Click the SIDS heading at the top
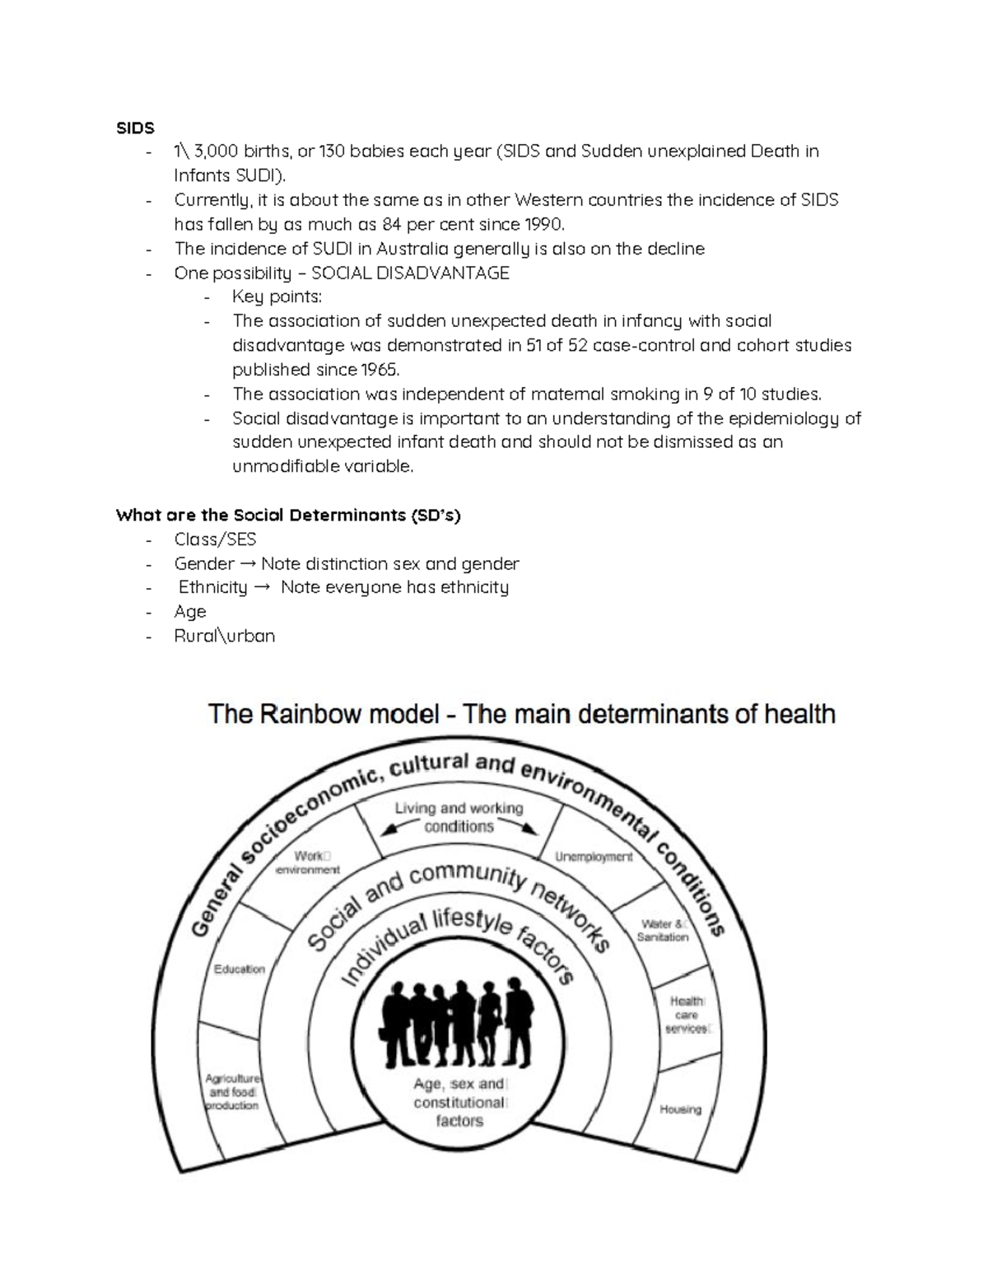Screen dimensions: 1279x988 [x=135, y=128]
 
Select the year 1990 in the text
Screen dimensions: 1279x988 [x=543, y=224]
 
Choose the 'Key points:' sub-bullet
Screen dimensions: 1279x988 [x=277, y=296]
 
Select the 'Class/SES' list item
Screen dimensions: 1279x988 [x=215, y=539]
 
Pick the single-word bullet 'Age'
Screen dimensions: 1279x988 [x=189, y=612]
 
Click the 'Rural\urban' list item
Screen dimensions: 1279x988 [x=224, y=636]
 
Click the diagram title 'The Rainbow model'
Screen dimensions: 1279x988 [x=323, y=713]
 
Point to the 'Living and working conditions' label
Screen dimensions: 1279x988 [x=459, y=817]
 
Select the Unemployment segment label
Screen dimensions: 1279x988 [x=594, y=857]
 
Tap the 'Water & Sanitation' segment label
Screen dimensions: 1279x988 [x=663, y=931]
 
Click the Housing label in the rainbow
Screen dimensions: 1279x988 [x=680, y=1109]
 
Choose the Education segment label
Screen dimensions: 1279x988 [x=240, y=969]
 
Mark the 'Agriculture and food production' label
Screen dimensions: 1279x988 [x=232, y=1091]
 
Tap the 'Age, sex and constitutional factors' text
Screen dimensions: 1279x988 [x=459, y=1103]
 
